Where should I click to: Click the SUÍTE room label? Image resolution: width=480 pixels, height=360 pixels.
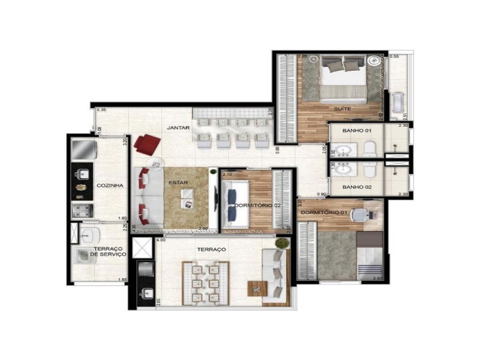(x=343, y=109)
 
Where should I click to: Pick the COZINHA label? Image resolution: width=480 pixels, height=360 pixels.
(x=110, y=185)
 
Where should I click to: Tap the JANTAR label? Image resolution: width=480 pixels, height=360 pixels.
(x=179, y=128)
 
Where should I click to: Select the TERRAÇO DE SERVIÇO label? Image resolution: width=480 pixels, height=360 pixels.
(x=109, y=251)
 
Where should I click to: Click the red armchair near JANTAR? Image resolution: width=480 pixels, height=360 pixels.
(x=148, y=144)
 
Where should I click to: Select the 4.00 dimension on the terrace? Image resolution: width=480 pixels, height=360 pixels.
(x=160, y=241)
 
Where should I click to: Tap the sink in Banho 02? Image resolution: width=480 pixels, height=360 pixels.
(x=344, y=169)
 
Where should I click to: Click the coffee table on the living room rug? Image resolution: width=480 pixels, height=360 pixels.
(x=188, y=198)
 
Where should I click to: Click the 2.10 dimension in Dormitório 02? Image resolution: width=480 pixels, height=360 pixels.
(x=227, y=174)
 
